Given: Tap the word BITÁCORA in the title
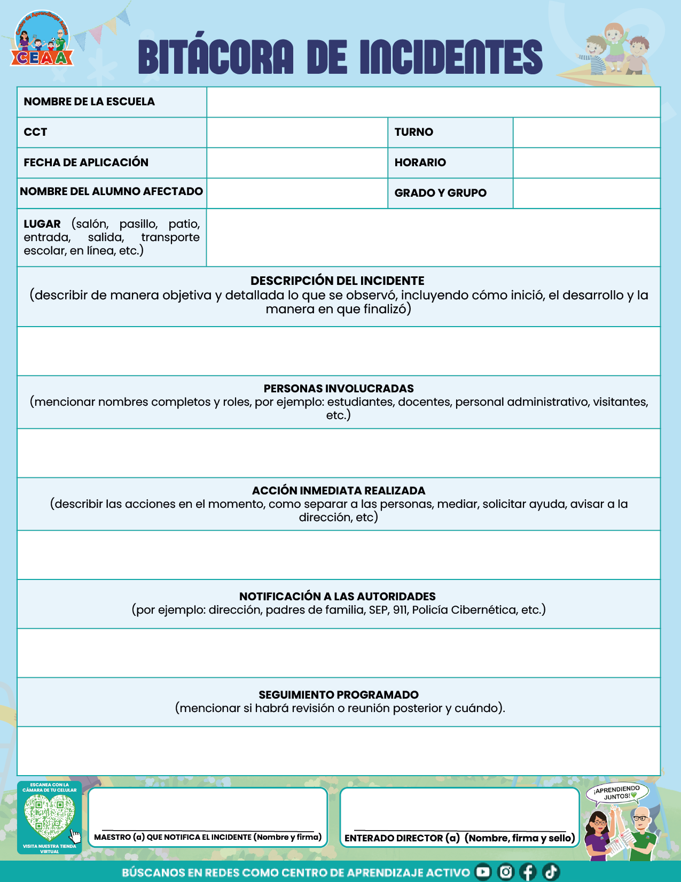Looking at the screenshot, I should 216,57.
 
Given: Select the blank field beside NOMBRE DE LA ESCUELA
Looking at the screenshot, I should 433,102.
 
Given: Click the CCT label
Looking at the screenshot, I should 36,132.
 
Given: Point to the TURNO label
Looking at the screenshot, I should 414,132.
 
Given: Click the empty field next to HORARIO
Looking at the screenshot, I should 586,163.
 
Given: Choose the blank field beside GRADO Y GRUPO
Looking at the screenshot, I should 586,193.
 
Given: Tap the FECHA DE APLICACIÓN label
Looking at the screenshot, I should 86,163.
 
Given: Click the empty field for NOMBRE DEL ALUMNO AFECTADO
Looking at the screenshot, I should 297,193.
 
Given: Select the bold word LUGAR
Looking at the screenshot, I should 42,224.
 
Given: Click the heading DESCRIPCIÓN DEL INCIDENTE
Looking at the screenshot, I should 338,281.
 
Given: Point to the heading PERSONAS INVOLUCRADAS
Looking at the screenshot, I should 339,389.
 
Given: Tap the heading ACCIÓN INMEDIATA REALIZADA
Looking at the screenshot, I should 339,491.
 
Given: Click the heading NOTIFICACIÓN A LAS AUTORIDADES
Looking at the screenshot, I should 338,597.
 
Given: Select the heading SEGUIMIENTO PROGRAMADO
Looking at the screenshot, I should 339,695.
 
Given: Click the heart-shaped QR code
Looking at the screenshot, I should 49,817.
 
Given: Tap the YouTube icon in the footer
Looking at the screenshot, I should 483,872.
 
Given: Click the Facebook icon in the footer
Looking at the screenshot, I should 528,872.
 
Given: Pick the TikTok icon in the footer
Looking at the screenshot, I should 551,872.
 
